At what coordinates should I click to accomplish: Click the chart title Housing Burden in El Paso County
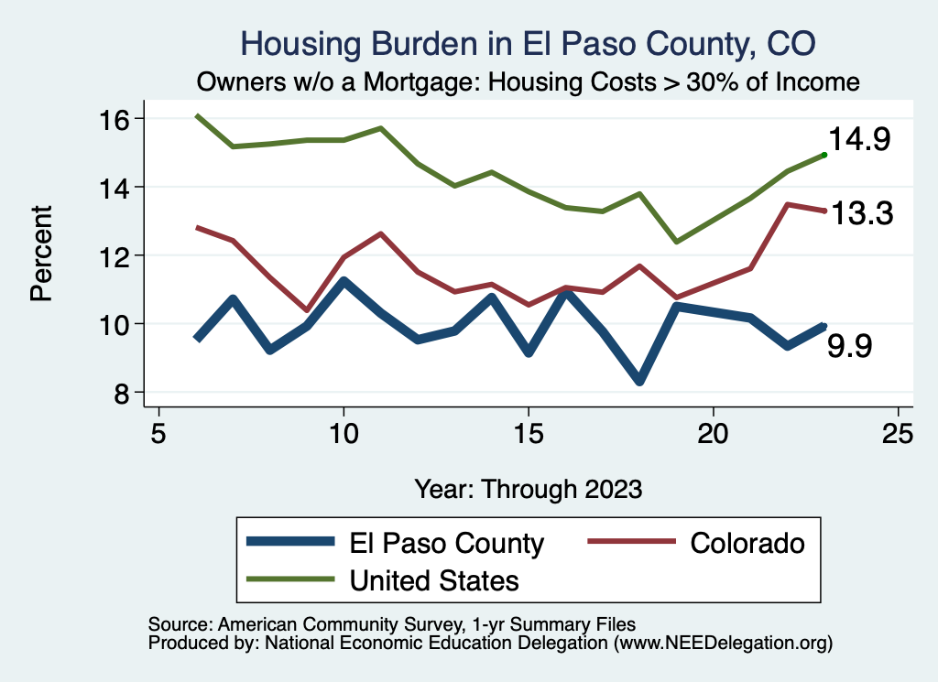(x=528, y=44)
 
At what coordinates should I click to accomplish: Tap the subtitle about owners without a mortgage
(x=529, y=81)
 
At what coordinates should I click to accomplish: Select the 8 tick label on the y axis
(x=122, y=394)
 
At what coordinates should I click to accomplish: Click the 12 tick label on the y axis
(x=114, y=256)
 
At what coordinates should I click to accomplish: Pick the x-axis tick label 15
(x=529, y=433)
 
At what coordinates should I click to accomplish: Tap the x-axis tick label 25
(x=898, y=433)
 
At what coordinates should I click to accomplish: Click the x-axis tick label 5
(x=158, y=433)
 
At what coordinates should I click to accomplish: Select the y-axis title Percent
(x=41, y=254)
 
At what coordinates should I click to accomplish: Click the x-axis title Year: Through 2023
(x=529, y=489)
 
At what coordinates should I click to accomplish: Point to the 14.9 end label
(x=859, y=139)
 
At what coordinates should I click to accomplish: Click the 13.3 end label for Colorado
(x=862, y=213)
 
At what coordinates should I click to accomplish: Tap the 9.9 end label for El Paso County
(x=849, y=346)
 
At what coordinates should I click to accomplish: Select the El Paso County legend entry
(x=396, y=543)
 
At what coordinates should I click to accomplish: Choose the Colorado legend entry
(x=696, y=543)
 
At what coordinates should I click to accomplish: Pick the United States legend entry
(x=383, y=579)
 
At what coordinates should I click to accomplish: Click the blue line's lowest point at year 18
(x=639, y=381)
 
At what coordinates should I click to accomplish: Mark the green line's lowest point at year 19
(x=677, y=242)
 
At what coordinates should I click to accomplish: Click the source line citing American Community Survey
(x=392, y=624)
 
